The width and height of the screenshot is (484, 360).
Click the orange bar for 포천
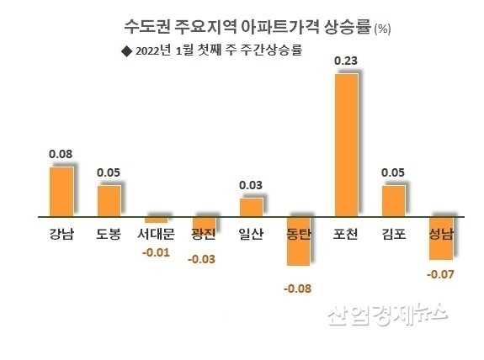click(347, 145)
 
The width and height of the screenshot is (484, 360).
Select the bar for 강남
click(61, 191)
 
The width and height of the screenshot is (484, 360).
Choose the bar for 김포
click(393, 200)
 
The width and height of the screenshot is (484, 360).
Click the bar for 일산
click(251, 207)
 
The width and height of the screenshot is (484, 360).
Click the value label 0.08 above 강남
click(60, 154)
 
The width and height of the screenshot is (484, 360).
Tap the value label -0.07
click(440, 274)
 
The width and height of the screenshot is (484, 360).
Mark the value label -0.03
click(203, 259)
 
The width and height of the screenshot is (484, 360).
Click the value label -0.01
click(156, 252)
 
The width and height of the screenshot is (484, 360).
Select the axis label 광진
click(203, 233)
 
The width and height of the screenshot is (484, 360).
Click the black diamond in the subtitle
click(126, 50)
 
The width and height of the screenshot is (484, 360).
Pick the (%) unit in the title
click(382, 29)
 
